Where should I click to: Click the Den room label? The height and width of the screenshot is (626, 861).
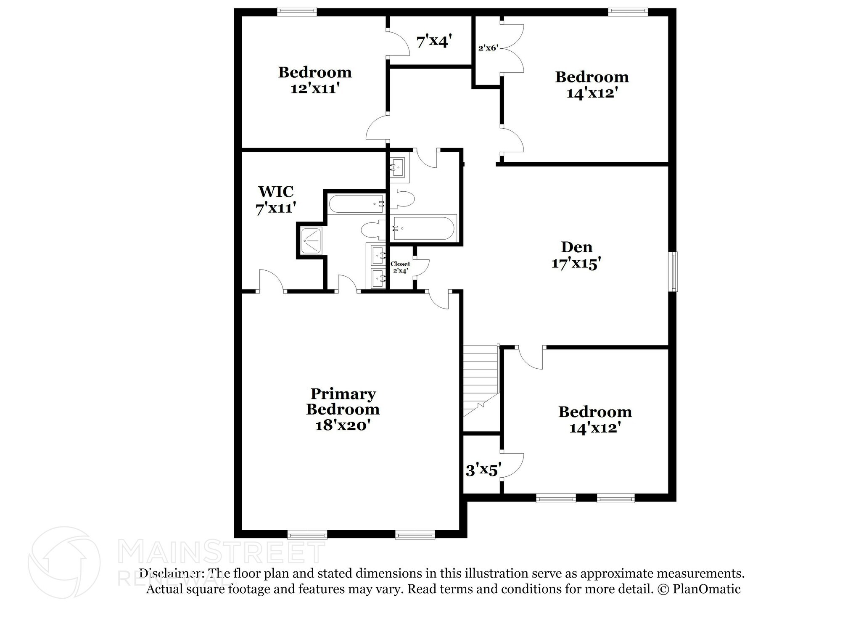point(576,247)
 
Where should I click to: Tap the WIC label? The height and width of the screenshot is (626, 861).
point(276,192)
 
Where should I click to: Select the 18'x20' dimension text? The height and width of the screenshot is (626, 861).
point(343,425)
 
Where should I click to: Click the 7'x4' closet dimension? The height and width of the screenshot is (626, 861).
point(434,42)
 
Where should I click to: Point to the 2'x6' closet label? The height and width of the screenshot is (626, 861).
point(488,48)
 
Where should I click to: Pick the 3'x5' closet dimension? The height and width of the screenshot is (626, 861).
point(483,470)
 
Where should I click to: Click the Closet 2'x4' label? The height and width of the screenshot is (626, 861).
point(400,267)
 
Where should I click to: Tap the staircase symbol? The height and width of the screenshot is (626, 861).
point(481,380)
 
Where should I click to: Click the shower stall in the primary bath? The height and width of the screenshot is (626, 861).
point(312,241)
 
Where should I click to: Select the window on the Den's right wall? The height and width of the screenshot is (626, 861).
point(674,271)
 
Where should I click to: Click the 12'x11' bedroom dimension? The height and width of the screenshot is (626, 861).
point(315,89)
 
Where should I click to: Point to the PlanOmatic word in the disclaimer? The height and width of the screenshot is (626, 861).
point(706,589)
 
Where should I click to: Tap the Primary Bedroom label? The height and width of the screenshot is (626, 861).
point(343,401)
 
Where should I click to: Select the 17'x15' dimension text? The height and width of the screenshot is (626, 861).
point(576,264)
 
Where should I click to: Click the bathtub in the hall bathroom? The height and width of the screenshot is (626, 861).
point(424,228)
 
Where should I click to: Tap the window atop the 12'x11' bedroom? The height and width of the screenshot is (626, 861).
point(297,11)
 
